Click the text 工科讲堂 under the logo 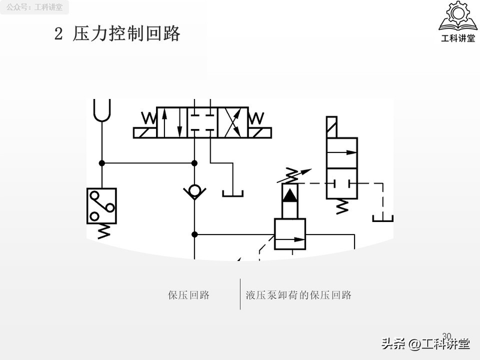(x=457, y=39)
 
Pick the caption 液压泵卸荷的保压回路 (x=298, y=295)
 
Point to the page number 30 (x=446, y=335)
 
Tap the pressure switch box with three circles (x=101, y=205)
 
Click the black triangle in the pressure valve (x=290, y=194)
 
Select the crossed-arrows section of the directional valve (x=232, y=122)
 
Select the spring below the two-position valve (x=341, y=206)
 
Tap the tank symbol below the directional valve (x=232, y=193)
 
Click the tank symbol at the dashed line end (x=382, y=217)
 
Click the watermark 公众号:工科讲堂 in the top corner (x=34, y=8)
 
